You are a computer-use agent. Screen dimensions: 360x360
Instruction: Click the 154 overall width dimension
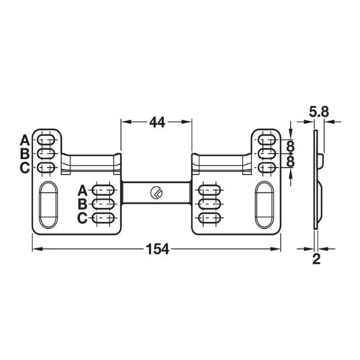pos(158,249)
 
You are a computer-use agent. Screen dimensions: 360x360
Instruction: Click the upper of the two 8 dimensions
pos(290,147)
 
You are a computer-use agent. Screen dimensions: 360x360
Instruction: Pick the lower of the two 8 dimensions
pos(290,161)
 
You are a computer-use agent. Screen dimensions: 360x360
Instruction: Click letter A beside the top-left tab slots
pos(24,139)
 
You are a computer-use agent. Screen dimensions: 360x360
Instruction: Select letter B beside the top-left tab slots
pos(24,153)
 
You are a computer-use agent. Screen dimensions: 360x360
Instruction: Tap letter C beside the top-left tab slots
pos(24,168)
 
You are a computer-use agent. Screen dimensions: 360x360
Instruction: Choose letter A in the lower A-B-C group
pos(82,190)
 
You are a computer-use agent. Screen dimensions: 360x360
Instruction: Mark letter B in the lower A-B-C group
pos(82,204)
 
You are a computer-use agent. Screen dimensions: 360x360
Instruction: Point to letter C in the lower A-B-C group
pos(82,217)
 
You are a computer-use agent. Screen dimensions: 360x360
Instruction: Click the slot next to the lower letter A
pos(104,190)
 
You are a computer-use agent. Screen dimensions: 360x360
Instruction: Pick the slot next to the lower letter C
pos(104,217)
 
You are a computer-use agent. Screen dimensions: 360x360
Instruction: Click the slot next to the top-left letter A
pos(46,139)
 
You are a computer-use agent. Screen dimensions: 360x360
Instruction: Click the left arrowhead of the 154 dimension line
pos(36,249)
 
